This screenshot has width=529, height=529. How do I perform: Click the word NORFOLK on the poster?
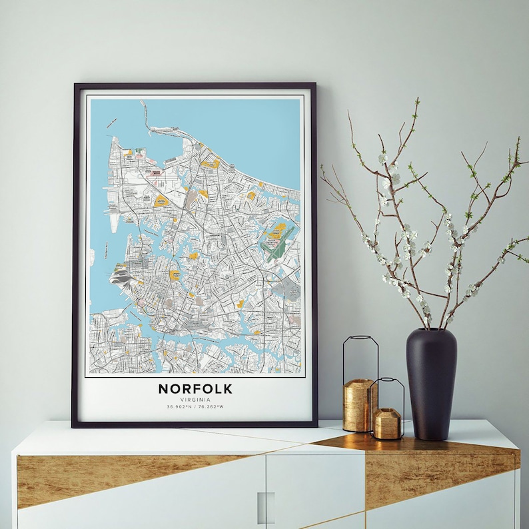[195, 388]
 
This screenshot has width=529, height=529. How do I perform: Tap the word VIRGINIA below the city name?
[195, 399]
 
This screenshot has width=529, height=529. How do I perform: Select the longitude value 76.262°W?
[211, 406]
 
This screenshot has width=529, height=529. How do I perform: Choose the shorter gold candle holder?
[387, 423]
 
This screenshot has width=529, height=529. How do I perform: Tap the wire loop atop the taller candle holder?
[360, 356]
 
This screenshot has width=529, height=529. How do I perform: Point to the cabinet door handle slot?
[266, 506]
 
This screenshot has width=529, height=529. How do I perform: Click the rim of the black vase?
[431, 329]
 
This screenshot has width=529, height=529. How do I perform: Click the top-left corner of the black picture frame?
[74, 85]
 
